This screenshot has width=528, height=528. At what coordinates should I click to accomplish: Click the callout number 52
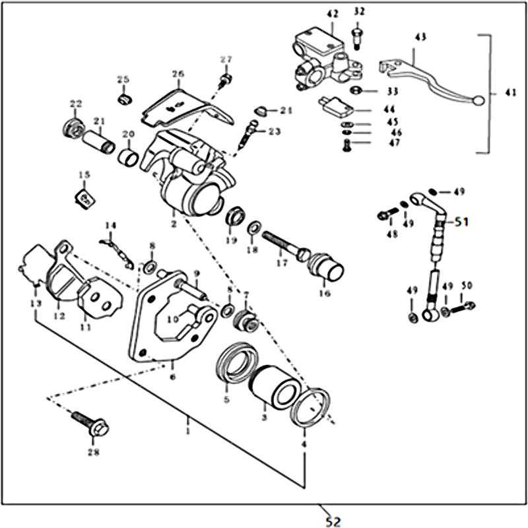click(x=333, y=521)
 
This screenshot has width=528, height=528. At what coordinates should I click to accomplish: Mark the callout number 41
click(x=509, y=93)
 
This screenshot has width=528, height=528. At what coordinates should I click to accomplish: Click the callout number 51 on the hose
click(x=460, y=222)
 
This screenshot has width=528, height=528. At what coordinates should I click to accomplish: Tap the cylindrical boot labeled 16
click(x=327, y=267)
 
